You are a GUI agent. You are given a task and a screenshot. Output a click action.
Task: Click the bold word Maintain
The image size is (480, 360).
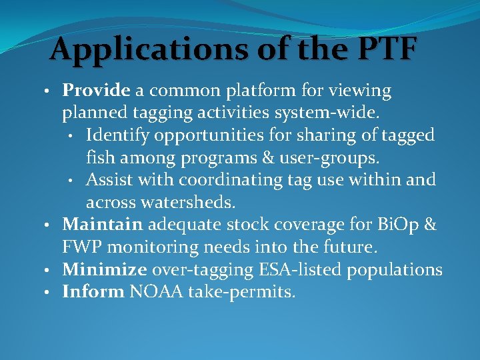pos(102,225)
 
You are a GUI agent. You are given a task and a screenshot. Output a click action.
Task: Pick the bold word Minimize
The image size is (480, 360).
pos(105,269)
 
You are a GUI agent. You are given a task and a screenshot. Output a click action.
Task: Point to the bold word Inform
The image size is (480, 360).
pos(93,291)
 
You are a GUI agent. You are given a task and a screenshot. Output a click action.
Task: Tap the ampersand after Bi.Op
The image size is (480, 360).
pos(430,225)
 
